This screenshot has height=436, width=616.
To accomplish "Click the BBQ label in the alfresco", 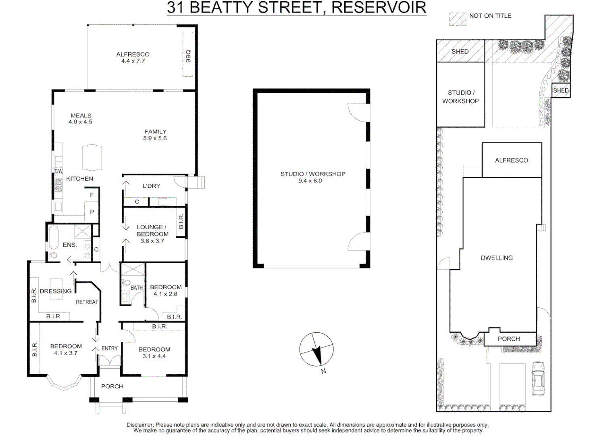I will pos(188,56).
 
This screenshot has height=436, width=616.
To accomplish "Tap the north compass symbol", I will pos(316,350).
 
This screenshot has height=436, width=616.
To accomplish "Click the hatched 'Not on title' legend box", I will pos(458,19).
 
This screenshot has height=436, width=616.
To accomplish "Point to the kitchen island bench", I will pos(92,157).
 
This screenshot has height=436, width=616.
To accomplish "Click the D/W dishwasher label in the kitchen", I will pos(58,171).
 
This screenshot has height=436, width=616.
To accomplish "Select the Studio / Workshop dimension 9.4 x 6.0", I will pos(310,181).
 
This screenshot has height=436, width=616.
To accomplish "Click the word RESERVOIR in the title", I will pos(379,8).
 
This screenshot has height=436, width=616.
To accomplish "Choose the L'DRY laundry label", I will pos(151,186).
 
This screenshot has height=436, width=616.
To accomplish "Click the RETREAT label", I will pos(87,302).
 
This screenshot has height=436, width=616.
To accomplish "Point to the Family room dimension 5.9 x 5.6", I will pos(155,138).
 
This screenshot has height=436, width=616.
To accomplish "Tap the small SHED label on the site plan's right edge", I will pos(561,90).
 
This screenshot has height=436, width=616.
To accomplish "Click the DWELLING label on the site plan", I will pos(497,258).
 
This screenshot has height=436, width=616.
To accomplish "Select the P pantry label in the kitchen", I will pos(92,212).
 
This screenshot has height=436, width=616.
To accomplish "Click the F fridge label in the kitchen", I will pos(92,195).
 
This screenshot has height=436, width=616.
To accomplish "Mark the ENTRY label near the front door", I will pos(109,348).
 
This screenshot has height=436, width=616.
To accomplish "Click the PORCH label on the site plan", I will pos(509,339).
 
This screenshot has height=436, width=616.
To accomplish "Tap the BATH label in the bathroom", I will pos(137,288).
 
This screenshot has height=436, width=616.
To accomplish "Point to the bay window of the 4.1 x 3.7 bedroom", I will pos(64,383).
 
